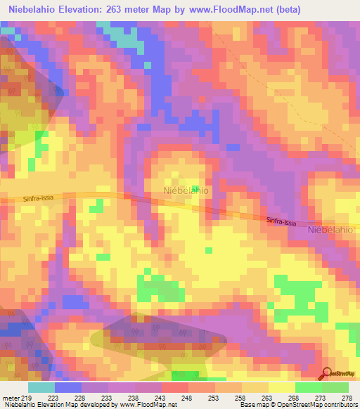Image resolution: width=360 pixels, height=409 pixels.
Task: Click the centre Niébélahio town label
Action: click(185, 190)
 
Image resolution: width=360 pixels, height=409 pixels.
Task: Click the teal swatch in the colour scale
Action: click(41, 387)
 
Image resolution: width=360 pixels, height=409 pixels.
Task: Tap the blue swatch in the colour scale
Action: click(68, 387)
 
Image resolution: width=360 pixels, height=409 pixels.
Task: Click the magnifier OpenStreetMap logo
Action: click(328, 374)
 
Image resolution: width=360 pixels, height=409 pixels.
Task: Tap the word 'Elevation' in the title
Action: click(91, 9)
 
